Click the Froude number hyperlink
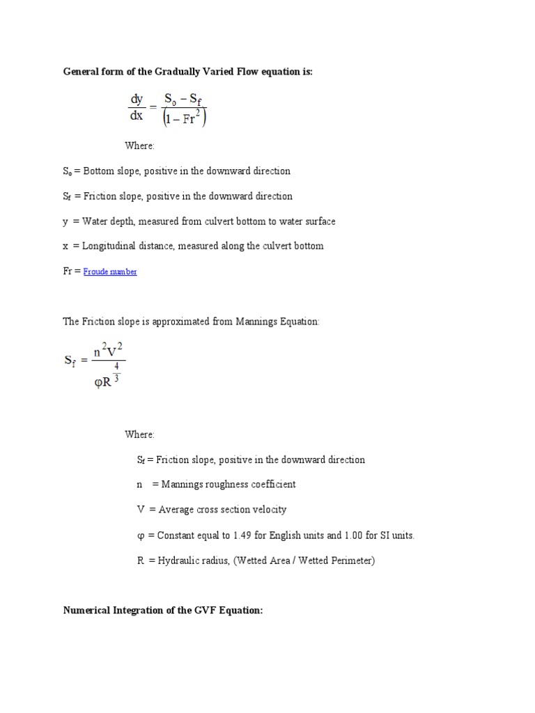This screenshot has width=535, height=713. (x=110, y=272)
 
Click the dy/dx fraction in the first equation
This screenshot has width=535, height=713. (x=137, y=108)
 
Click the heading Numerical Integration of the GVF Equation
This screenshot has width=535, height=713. (x=162, y=611)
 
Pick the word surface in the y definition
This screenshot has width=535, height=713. (x=317, y=221)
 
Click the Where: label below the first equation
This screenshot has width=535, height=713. (x=139, y=146)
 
